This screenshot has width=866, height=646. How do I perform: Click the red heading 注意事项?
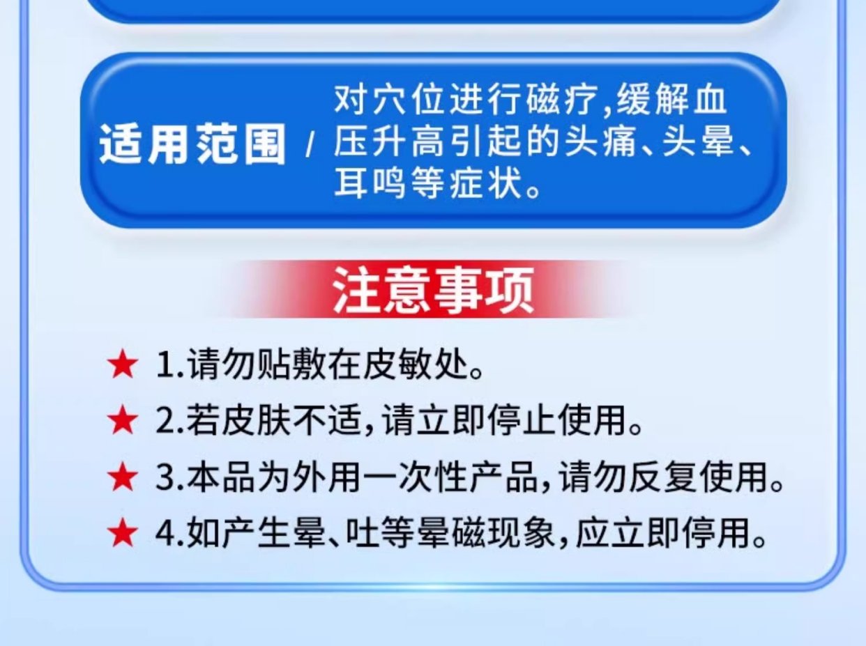pos(433,291)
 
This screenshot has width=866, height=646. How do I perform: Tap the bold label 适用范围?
pos(192,144)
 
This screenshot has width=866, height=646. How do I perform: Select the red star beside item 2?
pos(123,421)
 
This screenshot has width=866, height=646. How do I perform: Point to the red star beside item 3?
pos(123,477)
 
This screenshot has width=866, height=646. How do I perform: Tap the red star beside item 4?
pos(123,533)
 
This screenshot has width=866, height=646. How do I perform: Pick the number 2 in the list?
pos(165,422)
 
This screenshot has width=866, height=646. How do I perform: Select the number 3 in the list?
pos(165,477)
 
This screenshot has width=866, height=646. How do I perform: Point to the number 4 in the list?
pos(166,534)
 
